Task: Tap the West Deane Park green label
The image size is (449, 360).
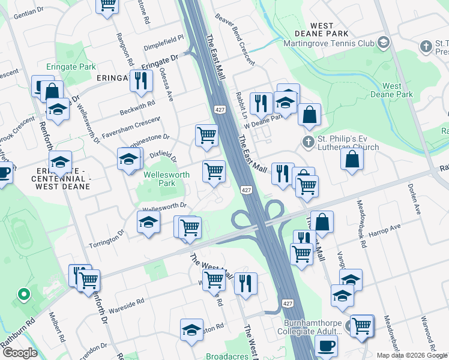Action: [x=397, y=91]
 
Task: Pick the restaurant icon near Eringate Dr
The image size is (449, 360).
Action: [x=140, y=80]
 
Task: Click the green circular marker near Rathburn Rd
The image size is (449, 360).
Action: [x=23, y=295]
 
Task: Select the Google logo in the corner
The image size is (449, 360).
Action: [x=20, y=353]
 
